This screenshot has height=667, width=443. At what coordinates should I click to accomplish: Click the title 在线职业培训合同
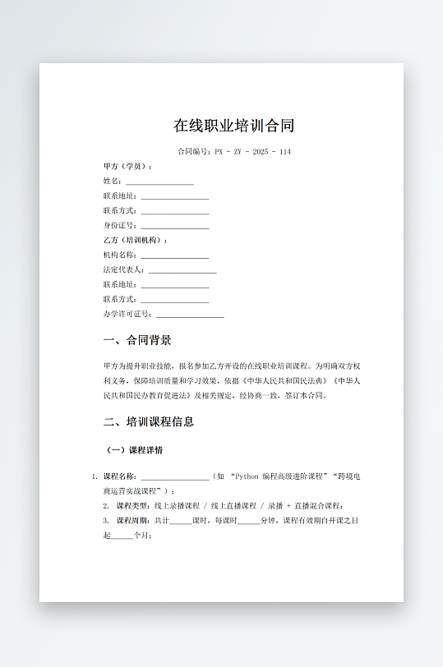234,126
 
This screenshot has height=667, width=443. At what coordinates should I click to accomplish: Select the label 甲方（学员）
127,166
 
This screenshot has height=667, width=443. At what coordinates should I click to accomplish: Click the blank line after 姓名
159,182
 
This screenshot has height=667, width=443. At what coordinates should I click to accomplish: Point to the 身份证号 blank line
174,226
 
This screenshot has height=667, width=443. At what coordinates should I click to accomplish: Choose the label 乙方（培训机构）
135,240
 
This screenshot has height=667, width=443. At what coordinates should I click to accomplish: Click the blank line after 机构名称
174,255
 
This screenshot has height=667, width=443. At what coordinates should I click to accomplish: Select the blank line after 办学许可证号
190,315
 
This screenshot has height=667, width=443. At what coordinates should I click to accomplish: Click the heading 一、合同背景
137,340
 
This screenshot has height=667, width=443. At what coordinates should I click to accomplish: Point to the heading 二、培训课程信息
149,422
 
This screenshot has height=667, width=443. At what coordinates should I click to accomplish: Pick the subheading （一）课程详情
135,450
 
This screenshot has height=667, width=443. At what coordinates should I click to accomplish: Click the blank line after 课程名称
174,477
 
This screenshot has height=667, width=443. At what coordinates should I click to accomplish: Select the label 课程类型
133,505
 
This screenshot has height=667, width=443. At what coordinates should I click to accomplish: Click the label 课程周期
133,521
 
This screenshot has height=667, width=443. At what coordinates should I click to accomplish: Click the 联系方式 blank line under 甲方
174,211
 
